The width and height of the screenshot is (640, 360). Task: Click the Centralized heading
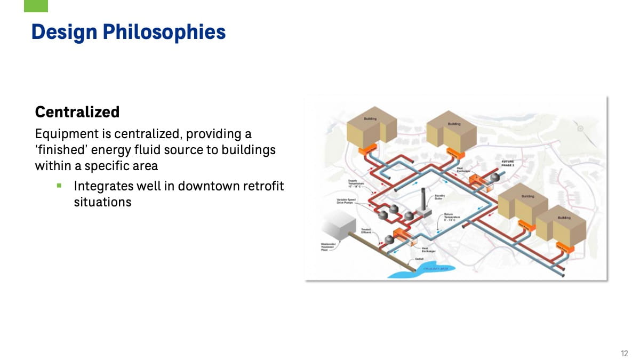(x=77, y=112)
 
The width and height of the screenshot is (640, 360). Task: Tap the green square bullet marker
(x=59, y=186)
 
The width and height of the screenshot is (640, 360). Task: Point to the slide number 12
(x=625, y=353)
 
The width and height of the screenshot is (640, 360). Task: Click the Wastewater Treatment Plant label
(x=328, y=246)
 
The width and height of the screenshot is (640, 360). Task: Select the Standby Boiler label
(x=440, y=197)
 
